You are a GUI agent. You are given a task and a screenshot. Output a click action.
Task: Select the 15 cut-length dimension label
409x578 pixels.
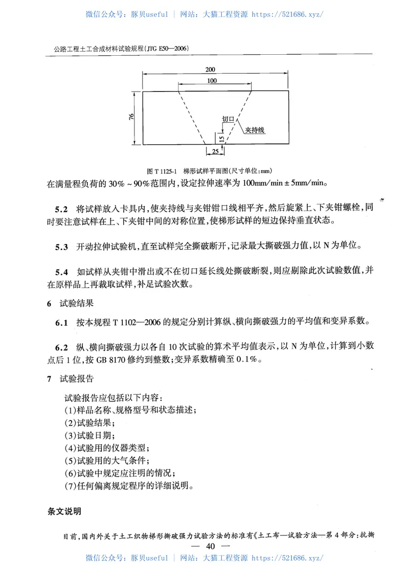click(x=220, y=139)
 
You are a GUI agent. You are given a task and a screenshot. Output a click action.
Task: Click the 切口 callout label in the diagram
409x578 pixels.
click(x=228, y=119)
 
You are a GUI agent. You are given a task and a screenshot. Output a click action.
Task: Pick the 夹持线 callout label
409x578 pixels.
click(x=254, y=130)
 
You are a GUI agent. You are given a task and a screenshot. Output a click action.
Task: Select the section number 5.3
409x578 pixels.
click(x=61, y=247)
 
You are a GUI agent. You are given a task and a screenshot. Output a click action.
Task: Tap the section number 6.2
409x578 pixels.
click(x=61, y=347)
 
